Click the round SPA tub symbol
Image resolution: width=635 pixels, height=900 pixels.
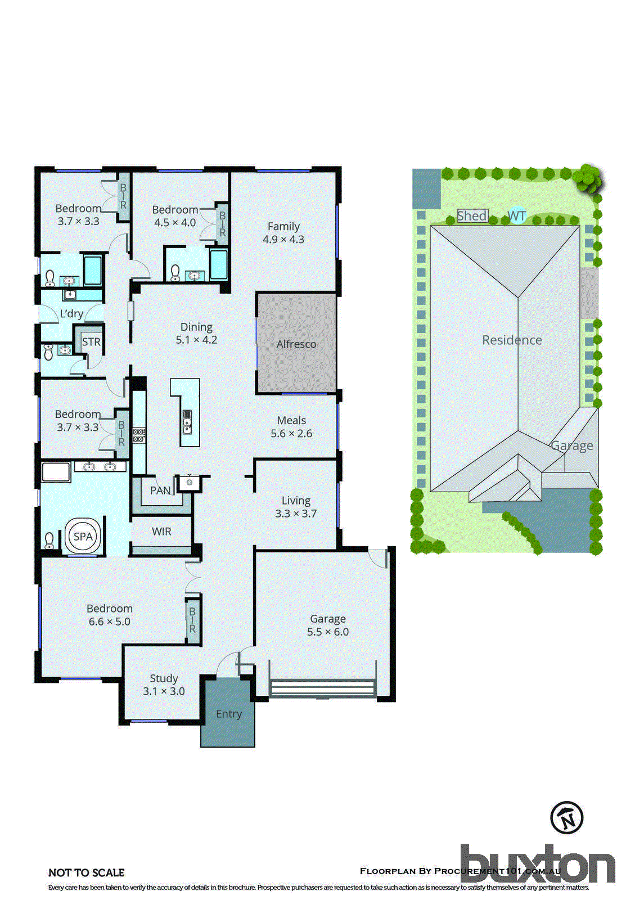pyautogui.click(x=83, y=537)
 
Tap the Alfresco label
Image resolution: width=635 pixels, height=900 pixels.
pyautogui.click(x=296, y=344)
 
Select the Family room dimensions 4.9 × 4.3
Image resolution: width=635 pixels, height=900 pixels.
pyautogui.click(x=283, y=240)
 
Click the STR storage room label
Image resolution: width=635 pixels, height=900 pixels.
pyautogui.click(x=91, y=341)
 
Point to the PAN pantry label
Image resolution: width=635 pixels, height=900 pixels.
pyautogui.click(x=160, y=490)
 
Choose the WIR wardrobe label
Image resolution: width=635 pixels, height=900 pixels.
pyautogui.click(x=161, y=532)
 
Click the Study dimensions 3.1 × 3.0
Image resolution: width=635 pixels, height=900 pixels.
pyautogui.click(x=164, y=691)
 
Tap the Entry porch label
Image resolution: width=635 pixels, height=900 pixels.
pyautogui.click(x=228, y=714)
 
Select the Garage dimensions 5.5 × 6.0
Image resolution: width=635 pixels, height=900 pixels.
pyautogui.click(x=328, y=632)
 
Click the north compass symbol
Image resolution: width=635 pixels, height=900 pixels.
pyautogui.click(x=566, y=817)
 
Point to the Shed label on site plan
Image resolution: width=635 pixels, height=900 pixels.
pyautogui.click(x=472, y=215)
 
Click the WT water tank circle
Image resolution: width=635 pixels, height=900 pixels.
pyautogui.click(x=517, y=216)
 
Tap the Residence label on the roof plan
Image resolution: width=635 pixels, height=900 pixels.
pyautogui.click(x=512, y=340)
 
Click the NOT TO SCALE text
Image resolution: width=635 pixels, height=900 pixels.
pyautogui.click(x=87, y=872)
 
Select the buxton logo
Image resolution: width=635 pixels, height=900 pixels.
pyautogui.click(x=537, y=863)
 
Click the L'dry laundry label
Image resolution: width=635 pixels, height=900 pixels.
pyautogui.click(x=71, y=314)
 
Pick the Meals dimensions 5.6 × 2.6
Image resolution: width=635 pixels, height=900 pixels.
pyautogui.click(x=291, y=434)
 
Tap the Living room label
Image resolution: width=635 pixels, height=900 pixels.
pyautogui.click(x=296, y=501)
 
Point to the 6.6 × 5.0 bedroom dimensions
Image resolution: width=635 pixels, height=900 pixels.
pyautogui.click(x=110, y=622)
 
